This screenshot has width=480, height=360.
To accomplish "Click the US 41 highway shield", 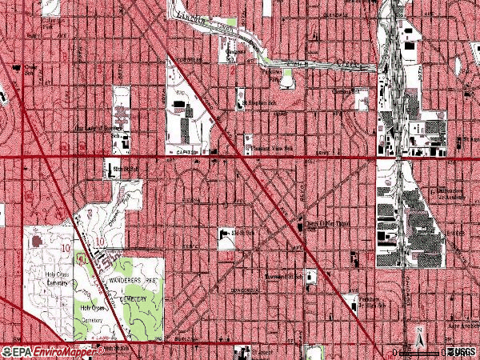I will click(82, 258).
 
